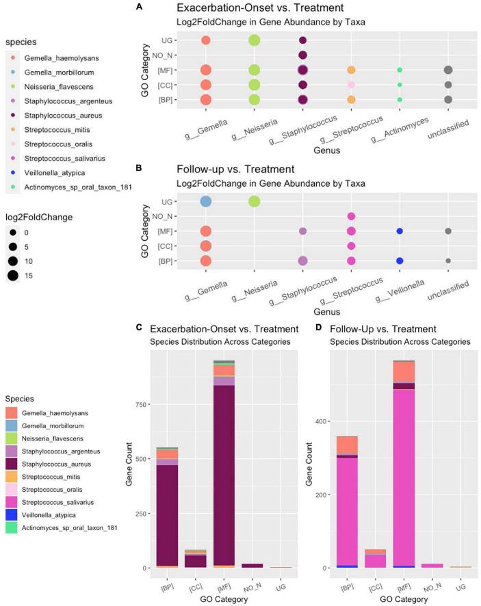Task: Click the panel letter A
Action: [x=139, y=6]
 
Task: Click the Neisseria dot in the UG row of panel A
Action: [x=254, y=40]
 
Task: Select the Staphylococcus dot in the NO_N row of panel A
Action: [x=302, y=55]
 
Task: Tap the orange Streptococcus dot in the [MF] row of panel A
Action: [x=351, y=70]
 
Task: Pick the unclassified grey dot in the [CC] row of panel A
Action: [x=447, y=85]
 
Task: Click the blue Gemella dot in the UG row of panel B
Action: [x=205, y=201]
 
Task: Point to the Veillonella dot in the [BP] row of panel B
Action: [x=400, y=261]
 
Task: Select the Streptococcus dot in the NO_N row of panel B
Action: [x=351, y=216]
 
